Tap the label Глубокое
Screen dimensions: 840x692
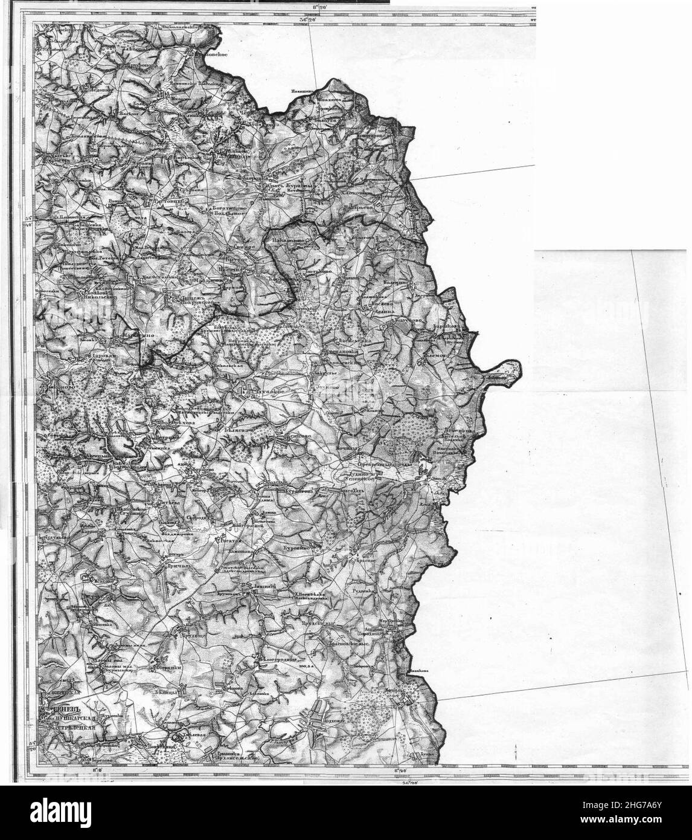point(262,392)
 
